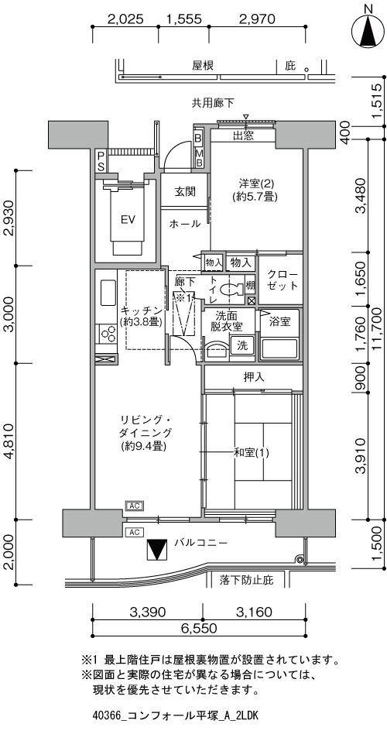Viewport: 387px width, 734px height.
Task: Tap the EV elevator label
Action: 125,220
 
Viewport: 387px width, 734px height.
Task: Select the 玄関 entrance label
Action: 184,191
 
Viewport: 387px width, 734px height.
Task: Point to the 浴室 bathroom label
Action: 280,322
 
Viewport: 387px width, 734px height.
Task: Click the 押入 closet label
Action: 253,377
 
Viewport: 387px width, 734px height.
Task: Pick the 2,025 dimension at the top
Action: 125,19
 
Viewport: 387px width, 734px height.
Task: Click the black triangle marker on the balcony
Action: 157,550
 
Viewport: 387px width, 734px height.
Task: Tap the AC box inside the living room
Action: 135,506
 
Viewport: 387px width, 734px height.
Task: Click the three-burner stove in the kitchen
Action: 107,334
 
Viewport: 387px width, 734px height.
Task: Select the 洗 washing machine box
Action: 242,345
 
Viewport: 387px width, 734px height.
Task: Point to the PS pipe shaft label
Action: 101,160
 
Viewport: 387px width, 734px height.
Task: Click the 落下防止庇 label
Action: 245,581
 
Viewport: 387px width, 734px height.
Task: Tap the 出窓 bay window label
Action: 243,135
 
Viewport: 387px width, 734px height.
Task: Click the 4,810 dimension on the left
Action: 10,441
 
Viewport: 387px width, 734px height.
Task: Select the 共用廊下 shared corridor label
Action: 213,101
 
